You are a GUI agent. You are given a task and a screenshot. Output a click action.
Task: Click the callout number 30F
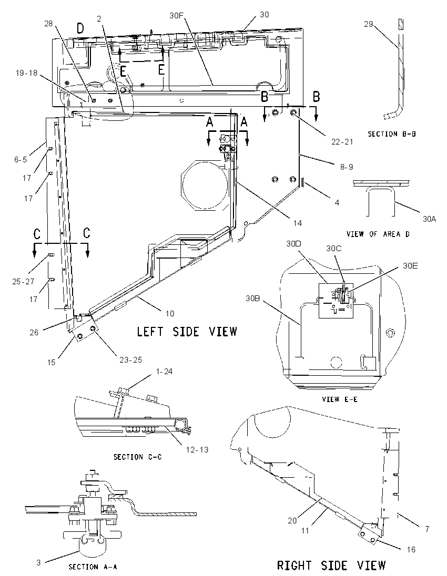tap(177, 15)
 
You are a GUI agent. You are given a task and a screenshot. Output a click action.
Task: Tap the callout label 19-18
tap(26, 73)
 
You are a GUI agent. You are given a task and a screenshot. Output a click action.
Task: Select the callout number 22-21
tap(342, 141)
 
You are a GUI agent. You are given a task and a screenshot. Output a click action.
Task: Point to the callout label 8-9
tap(346, 167)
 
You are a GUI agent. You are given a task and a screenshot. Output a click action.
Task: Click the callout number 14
tap(297, 223)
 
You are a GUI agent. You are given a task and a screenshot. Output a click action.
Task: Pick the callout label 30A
tap(429, 219)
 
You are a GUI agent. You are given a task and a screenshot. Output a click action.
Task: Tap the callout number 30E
tap(410, 265)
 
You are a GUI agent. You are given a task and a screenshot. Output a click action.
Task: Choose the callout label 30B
tap(253, 299)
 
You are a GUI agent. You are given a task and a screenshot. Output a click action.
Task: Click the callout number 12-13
tap(197, 450)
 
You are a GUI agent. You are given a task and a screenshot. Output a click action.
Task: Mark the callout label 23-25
tap(131, 360)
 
